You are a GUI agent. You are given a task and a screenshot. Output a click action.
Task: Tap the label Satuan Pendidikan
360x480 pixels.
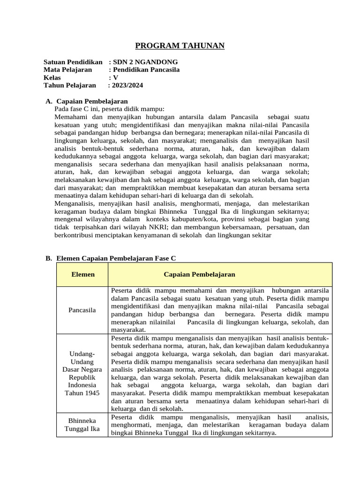(x=73, y=62)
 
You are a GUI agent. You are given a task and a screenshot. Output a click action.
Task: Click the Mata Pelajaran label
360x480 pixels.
(x=67, y=70)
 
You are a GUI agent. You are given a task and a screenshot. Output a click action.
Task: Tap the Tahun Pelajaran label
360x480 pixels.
(x=69, y=85)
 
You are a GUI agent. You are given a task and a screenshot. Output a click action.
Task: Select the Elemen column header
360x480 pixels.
(x=82, y=274)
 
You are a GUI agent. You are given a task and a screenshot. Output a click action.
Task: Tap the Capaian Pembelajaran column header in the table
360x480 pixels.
(x=199, y=274)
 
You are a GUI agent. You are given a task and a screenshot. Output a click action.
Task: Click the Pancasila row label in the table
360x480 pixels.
(x=82, y=310)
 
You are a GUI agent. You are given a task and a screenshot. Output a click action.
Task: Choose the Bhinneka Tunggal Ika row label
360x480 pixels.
(x=82, y=425)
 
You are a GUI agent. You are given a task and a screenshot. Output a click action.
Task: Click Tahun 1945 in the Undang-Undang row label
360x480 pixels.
(x=82, y=393)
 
